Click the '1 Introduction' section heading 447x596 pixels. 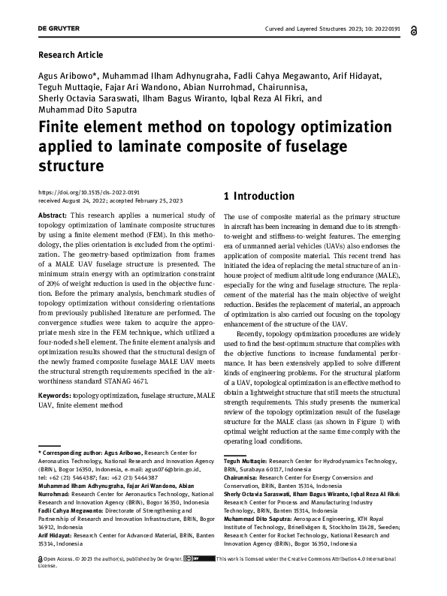pyautogui.click(x=259, y=197)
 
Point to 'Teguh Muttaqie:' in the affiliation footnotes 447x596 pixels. pyautogui.click(x=246, y=461)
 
